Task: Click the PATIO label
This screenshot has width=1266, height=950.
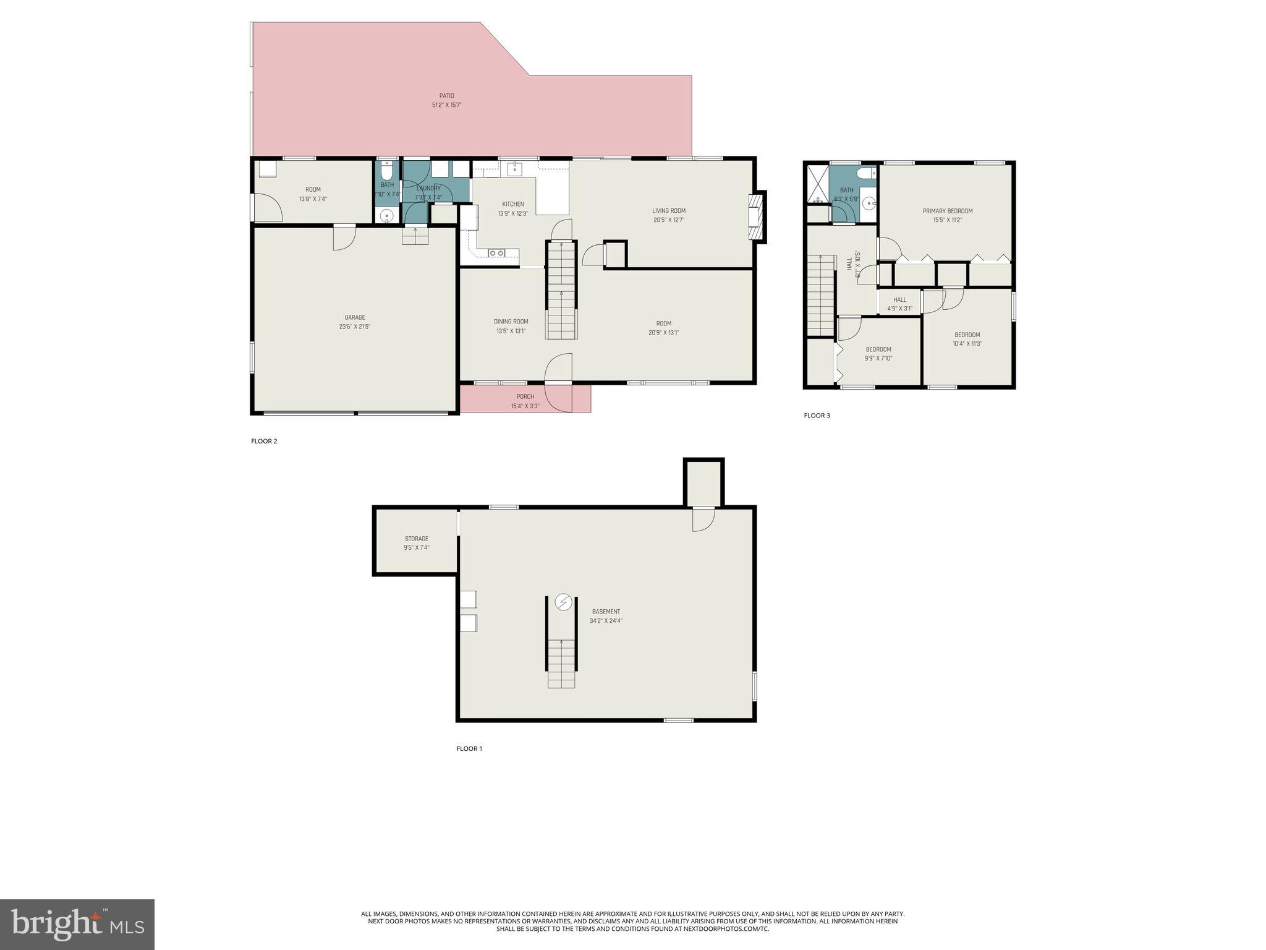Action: [x=446, y=96]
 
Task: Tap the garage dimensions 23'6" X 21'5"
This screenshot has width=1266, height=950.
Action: [x=354, y=327]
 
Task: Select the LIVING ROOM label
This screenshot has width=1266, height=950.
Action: [x=668, y=211]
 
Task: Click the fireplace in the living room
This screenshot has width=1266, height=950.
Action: [x=756, y=217]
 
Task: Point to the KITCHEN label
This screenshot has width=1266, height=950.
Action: [x=512, y=204]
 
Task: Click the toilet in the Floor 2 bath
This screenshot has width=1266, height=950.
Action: [x=386, y=169]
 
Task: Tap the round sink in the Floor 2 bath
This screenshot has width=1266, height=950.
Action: [x=386, y=216]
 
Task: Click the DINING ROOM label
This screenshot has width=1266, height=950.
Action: [x=511, y=322]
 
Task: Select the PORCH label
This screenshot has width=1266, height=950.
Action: [x=525, y=396]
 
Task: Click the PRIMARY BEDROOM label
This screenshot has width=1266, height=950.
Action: [x=947, y=211]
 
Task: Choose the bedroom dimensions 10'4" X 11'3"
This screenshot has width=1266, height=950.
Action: [x=967, y=344]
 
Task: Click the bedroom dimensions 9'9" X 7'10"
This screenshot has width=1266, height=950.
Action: [x=878, y=358]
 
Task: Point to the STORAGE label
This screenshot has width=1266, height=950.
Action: [x=416, y=539]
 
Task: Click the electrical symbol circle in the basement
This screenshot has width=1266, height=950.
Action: [x=563, y=602]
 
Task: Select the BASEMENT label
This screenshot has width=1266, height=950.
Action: [x=605, y=612]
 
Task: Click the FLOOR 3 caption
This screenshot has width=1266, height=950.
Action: [x=817, y=416]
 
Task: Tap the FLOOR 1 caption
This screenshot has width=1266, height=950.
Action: [x=469, y=748]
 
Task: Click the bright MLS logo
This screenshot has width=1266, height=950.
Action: [x=77, y=924]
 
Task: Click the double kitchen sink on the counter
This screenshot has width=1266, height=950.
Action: [x=496, y=253]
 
